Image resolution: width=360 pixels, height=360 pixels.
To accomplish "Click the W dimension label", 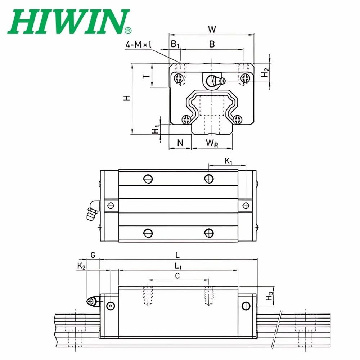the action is click(x=212, y=30).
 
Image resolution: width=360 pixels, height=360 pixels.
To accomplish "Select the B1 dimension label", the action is click(x=175, y=44).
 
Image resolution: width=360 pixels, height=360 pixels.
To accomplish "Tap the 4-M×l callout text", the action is click(x=138, y=44).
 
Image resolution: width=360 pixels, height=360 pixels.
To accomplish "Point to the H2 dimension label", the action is click(x=265, y=72).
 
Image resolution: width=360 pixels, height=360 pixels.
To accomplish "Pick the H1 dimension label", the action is click(x=156, y=130).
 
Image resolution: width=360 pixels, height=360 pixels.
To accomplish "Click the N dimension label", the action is click(x=180, y=143).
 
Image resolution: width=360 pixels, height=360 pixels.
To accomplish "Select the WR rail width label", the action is click(x=212, y=143).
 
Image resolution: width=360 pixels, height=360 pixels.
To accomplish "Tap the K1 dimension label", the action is click(x=228, y=161).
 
